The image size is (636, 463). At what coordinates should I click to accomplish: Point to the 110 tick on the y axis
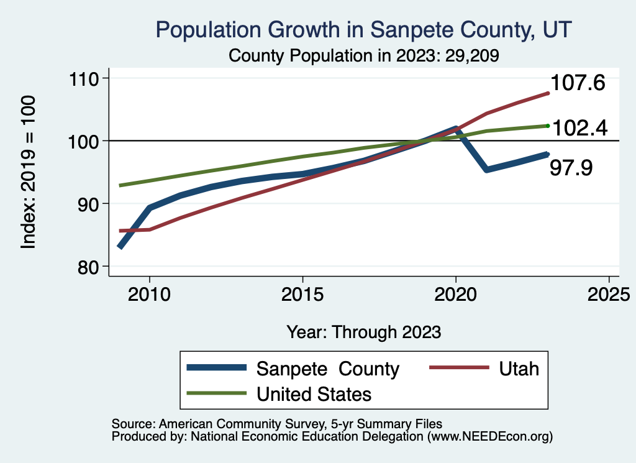(87, 78)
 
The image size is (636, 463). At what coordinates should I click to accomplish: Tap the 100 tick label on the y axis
(87, 141)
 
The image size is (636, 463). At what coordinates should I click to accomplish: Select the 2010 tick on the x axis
(150, 293)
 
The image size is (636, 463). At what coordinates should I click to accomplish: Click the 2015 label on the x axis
(302, 293)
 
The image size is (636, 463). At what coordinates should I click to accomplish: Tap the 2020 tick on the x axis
(456, 293)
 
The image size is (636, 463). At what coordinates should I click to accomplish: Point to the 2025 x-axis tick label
(609, 293)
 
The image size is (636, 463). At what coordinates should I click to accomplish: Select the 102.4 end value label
(579, 128)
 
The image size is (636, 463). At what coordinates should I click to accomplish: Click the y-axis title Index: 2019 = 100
(29, 172)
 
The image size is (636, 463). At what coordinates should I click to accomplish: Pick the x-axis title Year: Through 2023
(364, 332)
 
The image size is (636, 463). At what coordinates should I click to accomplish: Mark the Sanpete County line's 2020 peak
(456, 129)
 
